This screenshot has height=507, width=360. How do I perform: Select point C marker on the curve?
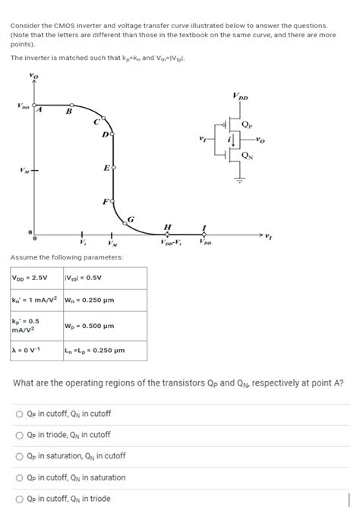point(96,121)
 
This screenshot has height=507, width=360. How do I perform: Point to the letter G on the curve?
point(131,219)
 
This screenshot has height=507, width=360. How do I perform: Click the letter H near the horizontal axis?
point(167,227)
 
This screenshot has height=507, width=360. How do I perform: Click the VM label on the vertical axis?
point(25,170)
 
